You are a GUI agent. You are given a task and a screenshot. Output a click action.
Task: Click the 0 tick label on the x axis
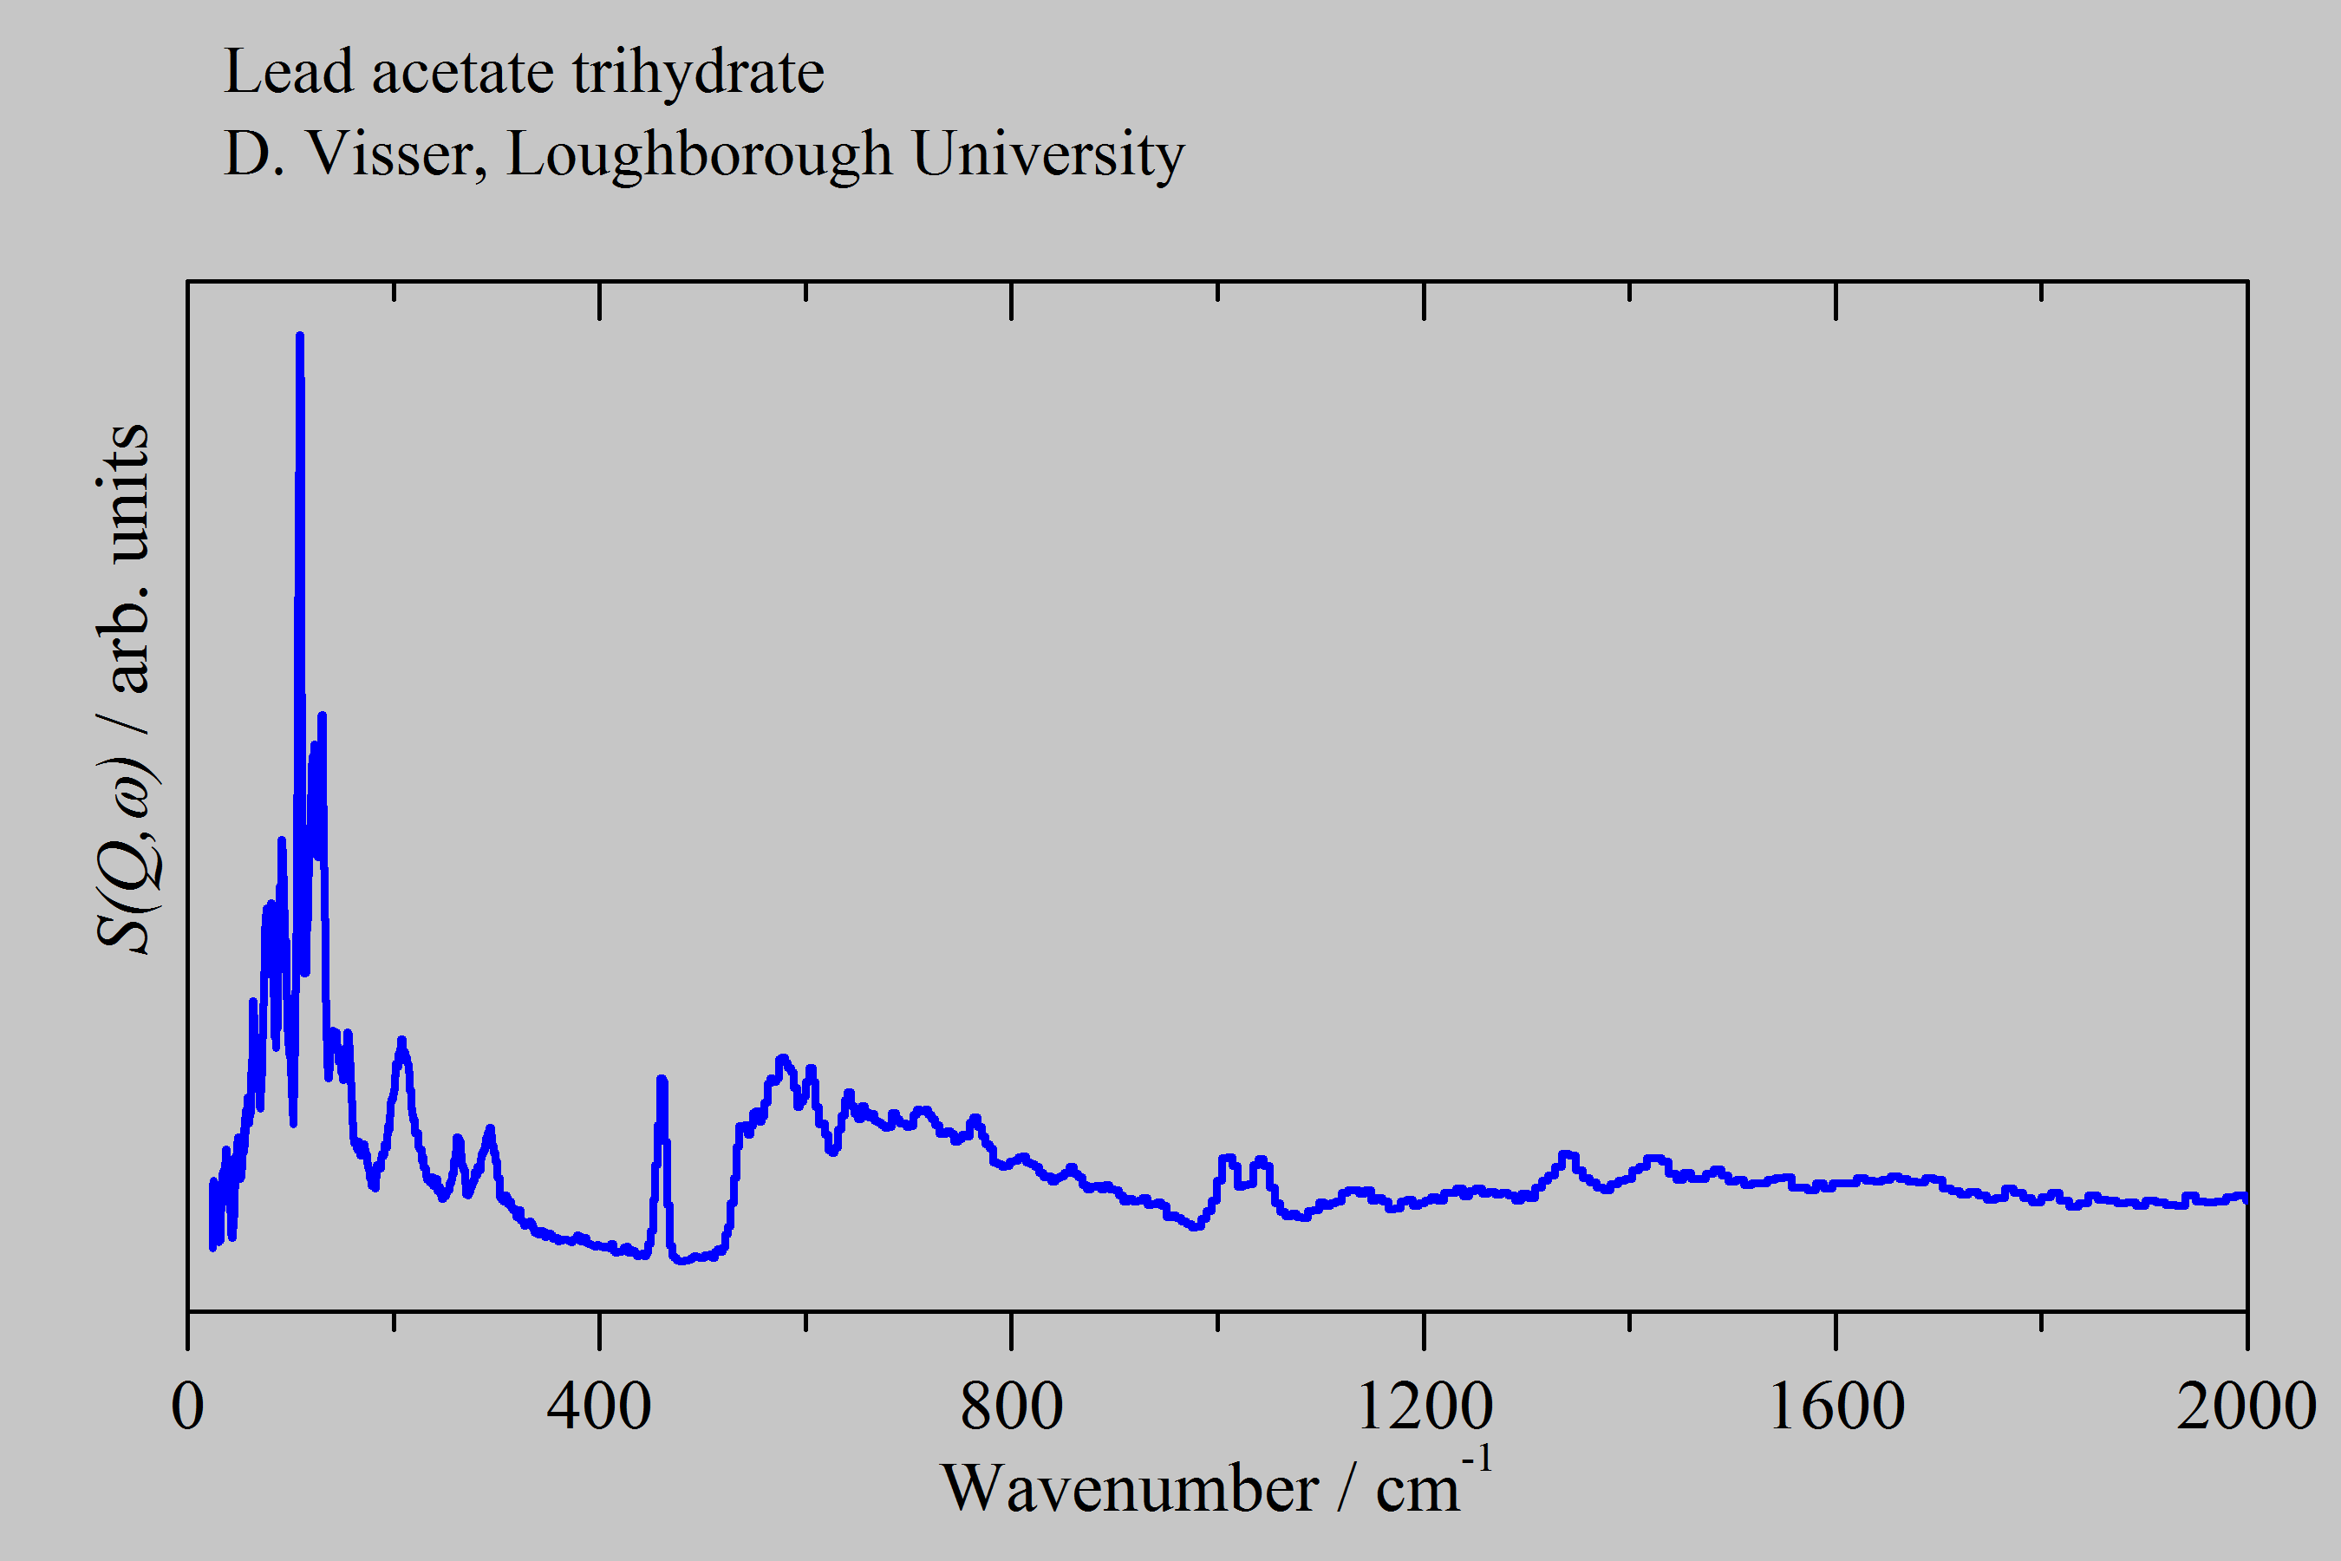[188, 1407]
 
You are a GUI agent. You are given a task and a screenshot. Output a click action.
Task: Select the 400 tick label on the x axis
[599, 1407]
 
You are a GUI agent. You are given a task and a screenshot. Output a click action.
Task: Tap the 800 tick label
[1011, 1407]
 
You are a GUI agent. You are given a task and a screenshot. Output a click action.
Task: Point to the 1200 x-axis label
[1425, 1407]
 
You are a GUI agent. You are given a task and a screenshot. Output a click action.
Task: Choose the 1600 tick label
[1836, 1407]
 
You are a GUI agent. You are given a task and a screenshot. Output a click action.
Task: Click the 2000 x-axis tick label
[2246, 1407]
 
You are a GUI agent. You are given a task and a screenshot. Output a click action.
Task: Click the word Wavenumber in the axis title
[1130, 1489]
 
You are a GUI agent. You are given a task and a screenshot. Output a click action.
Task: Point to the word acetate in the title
[463, 74]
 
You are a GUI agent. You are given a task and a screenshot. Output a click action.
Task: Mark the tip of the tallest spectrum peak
[300, 336]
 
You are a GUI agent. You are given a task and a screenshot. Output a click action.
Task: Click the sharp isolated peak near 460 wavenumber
[662, 1079]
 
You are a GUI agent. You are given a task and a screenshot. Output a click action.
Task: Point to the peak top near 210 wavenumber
[402, 1042]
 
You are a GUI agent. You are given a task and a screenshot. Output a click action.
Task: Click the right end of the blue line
[2246, 1198]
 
